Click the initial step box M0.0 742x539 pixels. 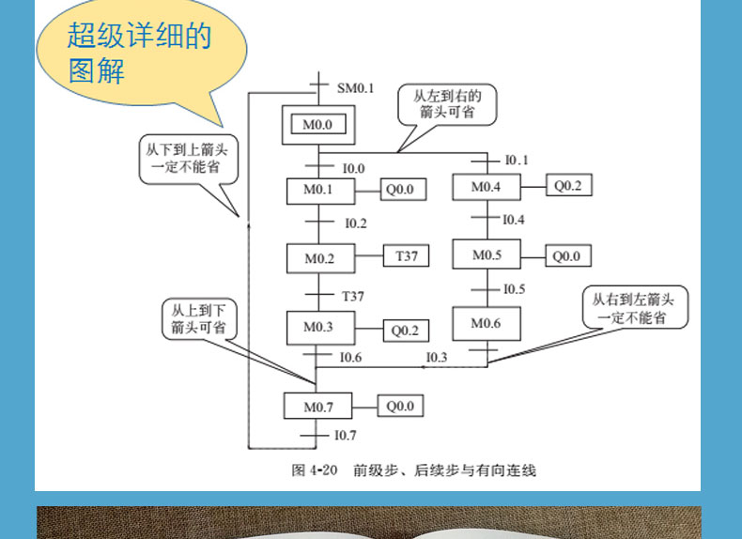(318, 125)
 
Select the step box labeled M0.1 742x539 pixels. (320, 191)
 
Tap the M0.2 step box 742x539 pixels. (320, 258)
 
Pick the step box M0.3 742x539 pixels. (320, 328)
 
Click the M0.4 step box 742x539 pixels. (487, 187)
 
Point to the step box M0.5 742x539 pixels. (487, 254)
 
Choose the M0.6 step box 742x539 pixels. (487, 324)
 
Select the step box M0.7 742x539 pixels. (317, 406)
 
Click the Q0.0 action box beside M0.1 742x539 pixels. (403, 190)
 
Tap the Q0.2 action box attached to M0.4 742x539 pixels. (569, 185)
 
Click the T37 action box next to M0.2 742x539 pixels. (406, 255)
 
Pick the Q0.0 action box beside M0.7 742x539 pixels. (400, 406)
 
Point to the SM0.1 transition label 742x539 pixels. (355, 88)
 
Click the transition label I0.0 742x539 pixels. (353, 168)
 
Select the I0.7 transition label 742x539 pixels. (346, 435)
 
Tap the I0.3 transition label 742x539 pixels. (437, 357)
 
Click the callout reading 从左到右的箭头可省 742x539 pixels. (447, 104)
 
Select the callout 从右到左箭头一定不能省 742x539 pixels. (635, 307)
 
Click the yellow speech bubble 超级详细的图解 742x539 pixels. (141, 53)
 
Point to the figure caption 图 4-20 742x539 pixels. (315, 470)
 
